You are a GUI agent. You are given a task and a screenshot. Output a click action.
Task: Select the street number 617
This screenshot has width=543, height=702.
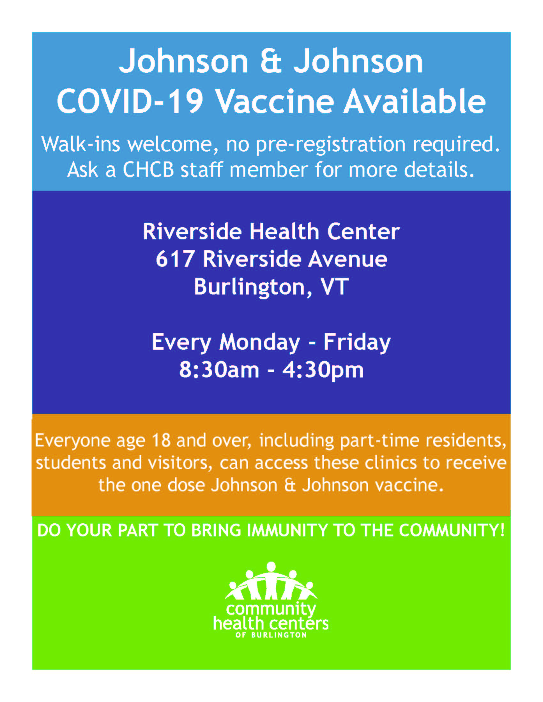tap(175, 259)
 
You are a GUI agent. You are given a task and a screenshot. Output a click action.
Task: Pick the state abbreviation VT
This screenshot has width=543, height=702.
tap(334, 286)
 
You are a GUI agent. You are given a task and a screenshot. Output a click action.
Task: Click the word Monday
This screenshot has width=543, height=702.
tap(259, 343)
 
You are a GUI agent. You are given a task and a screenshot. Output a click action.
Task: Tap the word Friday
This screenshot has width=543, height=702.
tap(357, 343)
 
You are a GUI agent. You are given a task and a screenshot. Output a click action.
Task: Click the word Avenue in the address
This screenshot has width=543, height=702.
tap(348, 259)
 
